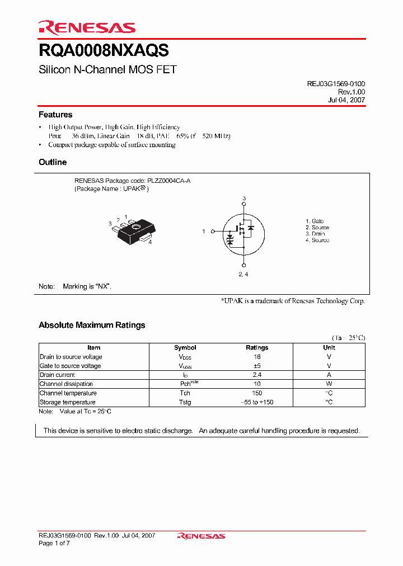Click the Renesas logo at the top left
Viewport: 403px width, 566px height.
87,27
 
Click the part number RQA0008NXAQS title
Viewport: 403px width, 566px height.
104,51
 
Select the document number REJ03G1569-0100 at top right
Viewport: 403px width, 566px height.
336,83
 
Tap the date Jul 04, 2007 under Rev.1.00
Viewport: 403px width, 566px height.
346,100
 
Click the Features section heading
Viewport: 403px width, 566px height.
55,115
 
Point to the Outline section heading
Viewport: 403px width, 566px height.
53,162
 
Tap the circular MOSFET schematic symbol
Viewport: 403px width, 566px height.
243,231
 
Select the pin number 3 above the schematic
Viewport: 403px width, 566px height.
244,199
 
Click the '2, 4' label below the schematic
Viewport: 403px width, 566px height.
243,274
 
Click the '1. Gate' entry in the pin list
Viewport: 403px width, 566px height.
315,221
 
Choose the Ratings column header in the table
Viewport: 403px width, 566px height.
257,348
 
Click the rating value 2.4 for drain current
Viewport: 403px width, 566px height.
257,375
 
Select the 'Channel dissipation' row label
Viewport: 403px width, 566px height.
66,384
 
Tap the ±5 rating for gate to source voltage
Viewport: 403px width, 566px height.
257,366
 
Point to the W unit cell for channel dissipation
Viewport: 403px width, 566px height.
329,384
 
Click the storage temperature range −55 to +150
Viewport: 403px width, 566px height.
257,402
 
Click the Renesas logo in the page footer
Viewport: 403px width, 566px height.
201,536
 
